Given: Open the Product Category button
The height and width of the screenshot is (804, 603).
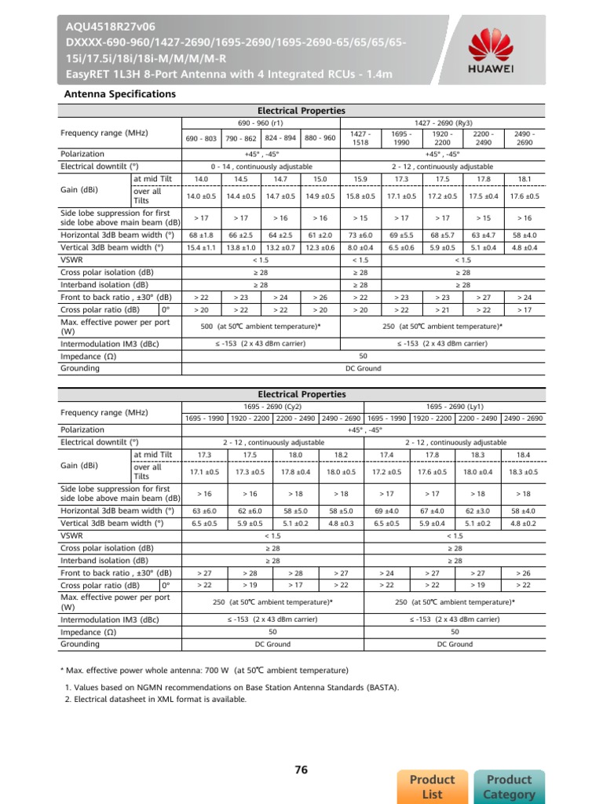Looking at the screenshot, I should [x=510, y=786].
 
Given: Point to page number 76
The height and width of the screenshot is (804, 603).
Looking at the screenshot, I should [x=301, y=770].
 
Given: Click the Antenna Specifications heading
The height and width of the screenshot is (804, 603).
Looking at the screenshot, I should [x=119, y=94].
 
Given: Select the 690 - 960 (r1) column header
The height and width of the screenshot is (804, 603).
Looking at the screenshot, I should [x=260, y=123].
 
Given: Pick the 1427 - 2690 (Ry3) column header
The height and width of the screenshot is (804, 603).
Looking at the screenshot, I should [x=443, y=123].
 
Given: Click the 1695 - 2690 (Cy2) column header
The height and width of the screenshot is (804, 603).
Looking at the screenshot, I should [x=272, y=407].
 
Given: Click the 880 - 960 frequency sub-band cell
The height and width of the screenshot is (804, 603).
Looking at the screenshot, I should [x=320, y=138].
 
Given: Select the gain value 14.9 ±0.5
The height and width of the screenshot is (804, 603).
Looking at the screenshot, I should [x=320, y=196].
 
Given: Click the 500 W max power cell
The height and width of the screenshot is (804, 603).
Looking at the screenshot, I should [x=260, y=326].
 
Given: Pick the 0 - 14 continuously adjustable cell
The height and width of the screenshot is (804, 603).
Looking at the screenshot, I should [x=260, y=167].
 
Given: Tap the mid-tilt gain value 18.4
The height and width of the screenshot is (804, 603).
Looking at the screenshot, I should [x=523, y=455].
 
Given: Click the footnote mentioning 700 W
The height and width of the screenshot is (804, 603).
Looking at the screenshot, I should [x=205, y=671].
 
